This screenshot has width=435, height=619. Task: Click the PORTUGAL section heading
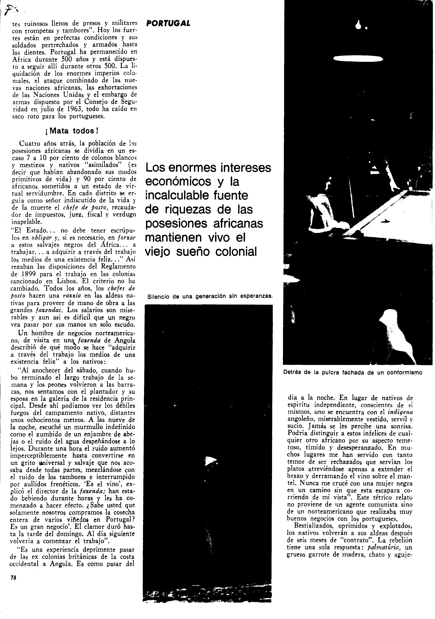click(168, 23)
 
